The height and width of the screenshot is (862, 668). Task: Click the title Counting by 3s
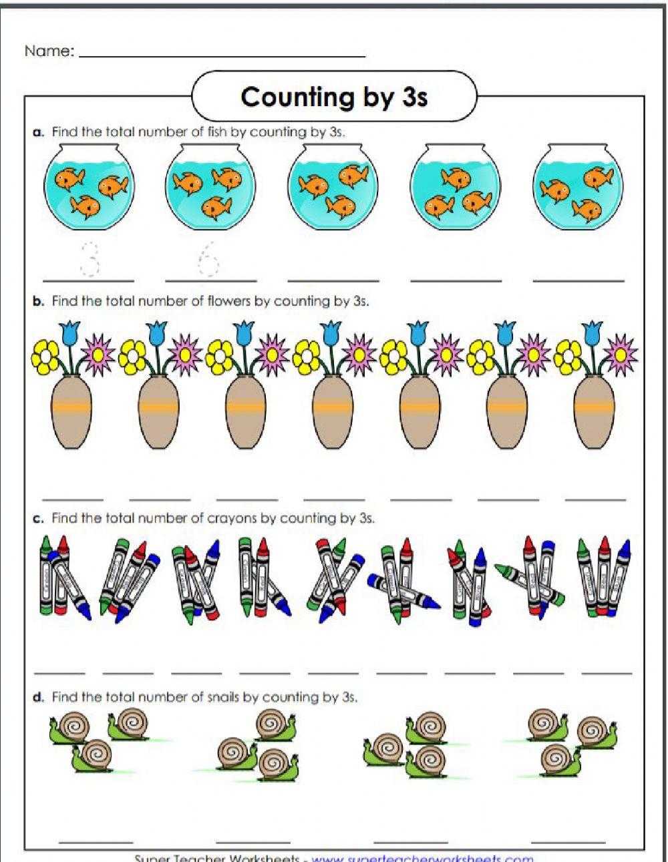pos(334,97)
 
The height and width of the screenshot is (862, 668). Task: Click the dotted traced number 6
pos(208,259)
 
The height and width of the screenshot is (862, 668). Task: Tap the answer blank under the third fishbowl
pos(333,280)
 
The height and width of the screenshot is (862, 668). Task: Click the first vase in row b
pos(71,411)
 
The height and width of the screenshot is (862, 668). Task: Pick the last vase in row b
pos(594,411)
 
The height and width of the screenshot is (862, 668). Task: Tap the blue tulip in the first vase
pos(69,332)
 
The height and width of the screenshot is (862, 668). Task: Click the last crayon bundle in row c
pos(605,574)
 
